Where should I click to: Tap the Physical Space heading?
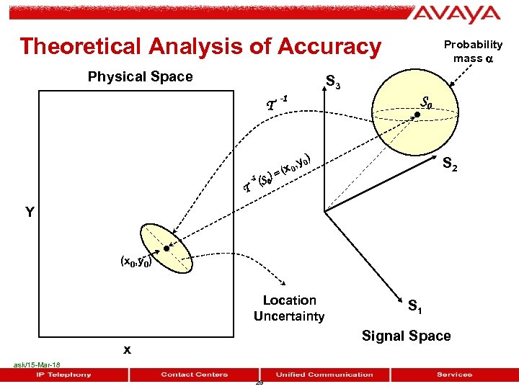pyautogui.click(x=140, y=76)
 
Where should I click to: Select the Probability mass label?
pyautogui.click(x=472, y=51)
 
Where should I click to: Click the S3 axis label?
pyautogui.click(x=334, y=83)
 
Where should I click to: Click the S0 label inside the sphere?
pyautogui.click(x=426, y=102)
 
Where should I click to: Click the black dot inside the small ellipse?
pyautogui.click(x=166, y=249)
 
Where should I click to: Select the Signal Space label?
pyautogui.click(x=406, y=336)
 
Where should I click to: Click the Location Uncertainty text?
pyautogui.click(x=289, y=308)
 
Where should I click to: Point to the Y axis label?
pyautogui.click(x=30, y=212)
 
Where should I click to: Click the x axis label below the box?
pyautogui.click(x=127, y=349)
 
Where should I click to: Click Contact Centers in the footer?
pyautogui.click(x=195, y=374)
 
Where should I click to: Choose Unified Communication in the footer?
pyautogui.click(x=324, y=374)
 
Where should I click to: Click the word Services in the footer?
pyautogui.click(x=455, y=374)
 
